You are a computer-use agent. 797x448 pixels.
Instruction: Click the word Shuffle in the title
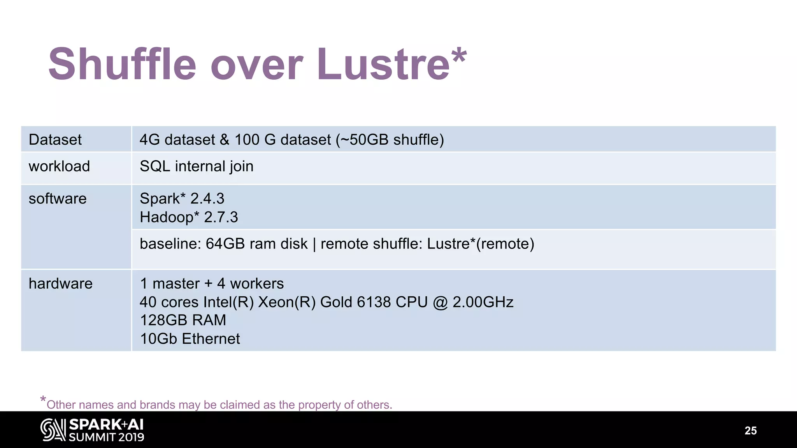[122, 64]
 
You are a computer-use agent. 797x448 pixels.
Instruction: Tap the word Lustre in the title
[383, 64]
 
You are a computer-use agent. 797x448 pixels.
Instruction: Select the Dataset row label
[55, 140]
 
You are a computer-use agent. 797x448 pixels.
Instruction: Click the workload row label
[59, 166]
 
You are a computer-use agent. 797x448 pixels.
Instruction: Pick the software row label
[58, 199]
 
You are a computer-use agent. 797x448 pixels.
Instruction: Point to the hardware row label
[61, 283]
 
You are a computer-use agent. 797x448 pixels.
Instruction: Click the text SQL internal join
[197, 166]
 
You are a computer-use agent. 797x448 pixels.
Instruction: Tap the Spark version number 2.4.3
[207, 199]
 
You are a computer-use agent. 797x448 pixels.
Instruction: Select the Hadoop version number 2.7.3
[221, 217]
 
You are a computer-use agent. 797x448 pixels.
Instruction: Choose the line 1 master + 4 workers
[212, 283]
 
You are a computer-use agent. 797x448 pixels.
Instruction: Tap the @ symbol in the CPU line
[440, 302]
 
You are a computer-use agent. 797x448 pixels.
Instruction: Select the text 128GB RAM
[183, 320]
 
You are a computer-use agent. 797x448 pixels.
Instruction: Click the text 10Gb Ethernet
[190, 339]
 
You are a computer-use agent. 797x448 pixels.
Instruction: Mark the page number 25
[750, 430]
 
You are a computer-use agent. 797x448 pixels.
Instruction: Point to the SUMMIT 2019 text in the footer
[107, 437]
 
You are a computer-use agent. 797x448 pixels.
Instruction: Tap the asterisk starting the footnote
[43, 399]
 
